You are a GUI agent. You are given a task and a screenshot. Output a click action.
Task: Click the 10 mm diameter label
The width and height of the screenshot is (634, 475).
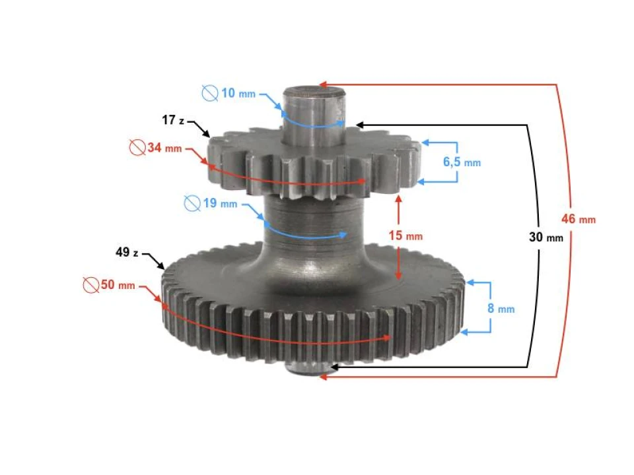click(x=237, y=94)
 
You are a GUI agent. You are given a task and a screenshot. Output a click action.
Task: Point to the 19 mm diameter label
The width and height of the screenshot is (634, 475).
click(x=219, y=204)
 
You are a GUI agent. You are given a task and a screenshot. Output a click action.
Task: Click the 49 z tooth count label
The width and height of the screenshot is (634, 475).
click(x=127, y=253)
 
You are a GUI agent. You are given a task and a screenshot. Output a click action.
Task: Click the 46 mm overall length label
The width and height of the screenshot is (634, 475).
click(x=579, y=220)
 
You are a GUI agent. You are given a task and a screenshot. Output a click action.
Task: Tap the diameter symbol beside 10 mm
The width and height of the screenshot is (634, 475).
click(x=210, y=94)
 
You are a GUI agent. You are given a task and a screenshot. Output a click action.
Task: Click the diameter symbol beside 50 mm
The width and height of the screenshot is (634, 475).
click(x=90, y=286)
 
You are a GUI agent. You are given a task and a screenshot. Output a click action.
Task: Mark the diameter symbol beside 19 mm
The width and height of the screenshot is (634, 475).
click(x=192, y=204)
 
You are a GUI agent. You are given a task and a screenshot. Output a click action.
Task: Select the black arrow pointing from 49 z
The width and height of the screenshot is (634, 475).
click(x=154, y=259)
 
